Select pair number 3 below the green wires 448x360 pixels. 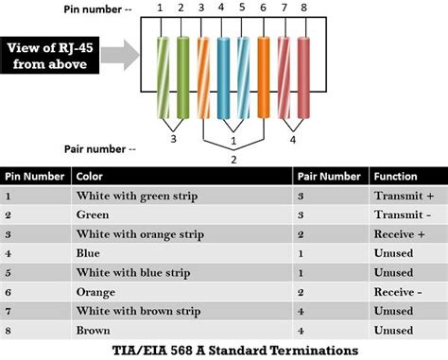pos(172,139)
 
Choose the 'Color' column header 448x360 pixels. pos(90,176)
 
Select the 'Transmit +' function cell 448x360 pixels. pos(405,196)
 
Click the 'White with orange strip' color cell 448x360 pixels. pos(136,234)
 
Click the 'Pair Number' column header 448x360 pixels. pos(328,176)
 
